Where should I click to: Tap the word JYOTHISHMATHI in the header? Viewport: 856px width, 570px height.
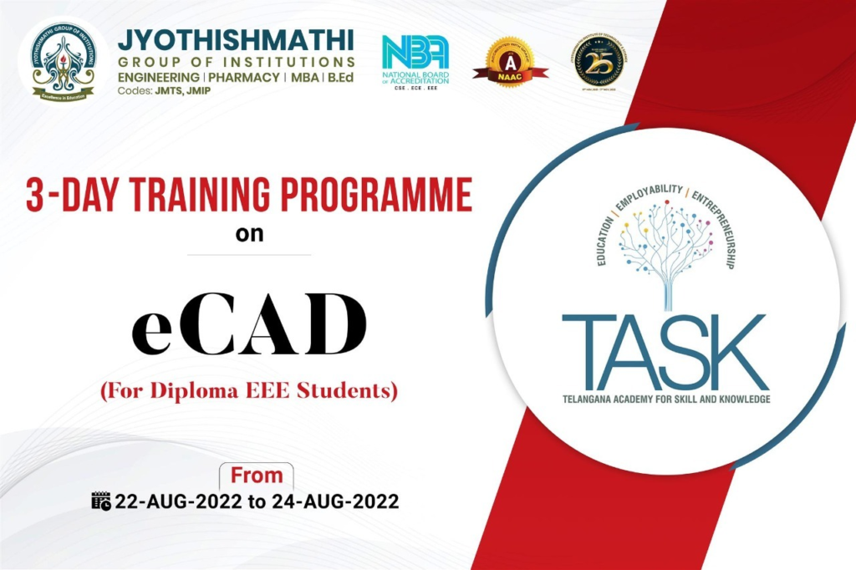[236, 40]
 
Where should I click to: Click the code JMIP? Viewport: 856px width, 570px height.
[193, 91]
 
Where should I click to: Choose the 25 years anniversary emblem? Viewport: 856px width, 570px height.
[599, 62]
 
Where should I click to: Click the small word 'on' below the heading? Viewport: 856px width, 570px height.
[249, 233]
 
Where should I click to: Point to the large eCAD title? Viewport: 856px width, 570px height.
[249, 323]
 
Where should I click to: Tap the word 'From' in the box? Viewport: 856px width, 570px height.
[257, 476]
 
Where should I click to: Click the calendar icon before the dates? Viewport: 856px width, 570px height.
[100, 501]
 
